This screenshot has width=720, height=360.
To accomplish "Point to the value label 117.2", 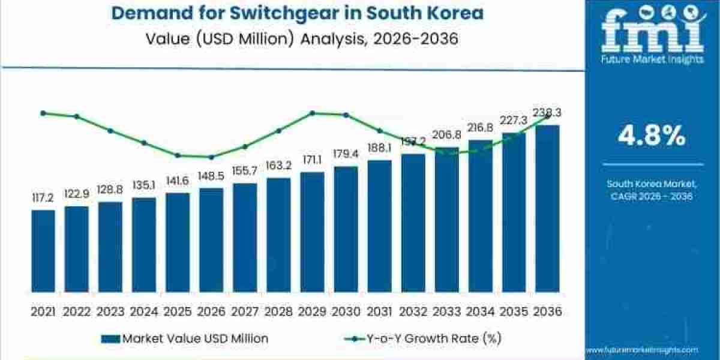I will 43,197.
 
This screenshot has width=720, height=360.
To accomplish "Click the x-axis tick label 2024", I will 144,311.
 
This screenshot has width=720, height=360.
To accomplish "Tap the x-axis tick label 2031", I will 379,311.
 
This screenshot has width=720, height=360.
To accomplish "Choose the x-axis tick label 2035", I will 514,311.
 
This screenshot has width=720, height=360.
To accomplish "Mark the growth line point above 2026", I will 211,157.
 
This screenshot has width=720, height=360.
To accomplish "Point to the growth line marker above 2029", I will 312,113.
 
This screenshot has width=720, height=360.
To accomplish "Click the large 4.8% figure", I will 652,137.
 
